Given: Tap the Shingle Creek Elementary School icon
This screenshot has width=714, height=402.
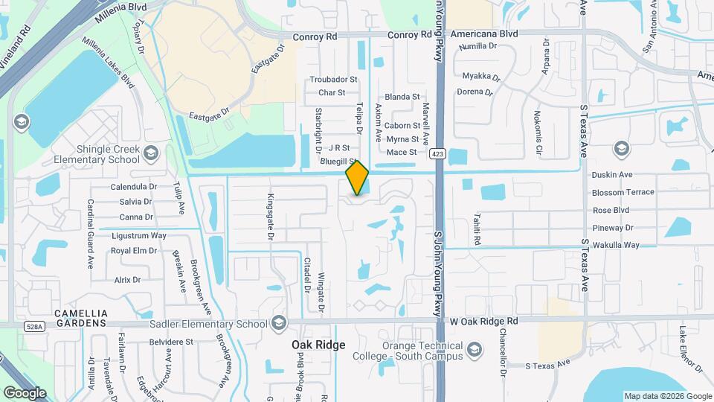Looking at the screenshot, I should click(151, 153).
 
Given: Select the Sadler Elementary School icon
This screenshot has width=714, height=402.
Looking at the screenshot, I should click(279, 323).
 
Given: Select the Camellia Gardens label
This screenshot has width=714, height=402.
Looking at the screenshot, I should click(81, 319).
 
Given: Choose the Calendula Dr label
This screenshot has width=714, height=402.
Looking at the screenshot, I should click(134, 187).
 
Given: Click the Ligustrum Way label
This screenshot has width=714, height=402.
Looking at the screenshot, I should click(138, 235).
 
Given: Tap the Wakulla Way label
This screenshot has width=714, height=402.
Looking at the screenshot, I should click(616, 245).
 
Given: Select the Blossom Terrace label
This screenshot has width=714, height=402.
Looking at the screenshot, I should click(623, 192).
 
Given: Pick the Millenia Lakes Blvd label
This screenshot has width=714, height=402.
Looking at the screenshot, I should click(109, 63).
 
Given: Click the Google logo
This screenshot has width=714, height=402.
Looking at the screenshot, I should click(24, 392).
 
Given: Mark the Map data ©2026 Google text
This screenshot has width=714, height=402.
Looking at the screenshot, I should click(667, 396).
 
